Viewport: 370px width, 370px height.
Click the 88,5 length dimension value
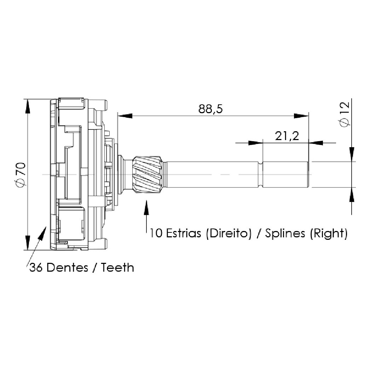coord(210,109)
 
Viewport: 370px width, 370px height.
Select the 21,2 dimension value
coord(287,136)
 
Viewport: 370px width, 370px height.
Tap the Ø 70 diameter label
coord(21,175)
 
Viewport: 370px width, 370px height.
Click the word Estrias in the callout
coord(184,233)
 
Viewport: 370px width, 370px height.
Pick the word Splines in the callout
coord(285,233)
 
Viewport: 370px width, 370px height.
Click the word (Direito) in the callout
coord(229,234)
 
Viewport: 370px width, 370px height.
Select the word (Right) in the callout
coord(329,234)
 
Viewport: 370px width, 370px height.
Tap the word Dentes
coord(67,267)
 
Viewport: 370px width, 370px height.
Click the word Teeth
coord(117,267)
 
